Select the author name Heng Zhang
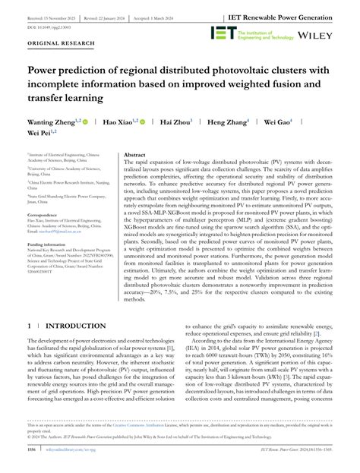point(229,121)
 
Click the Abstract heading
point(134,154)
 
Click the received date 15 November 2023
point(55,15)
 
